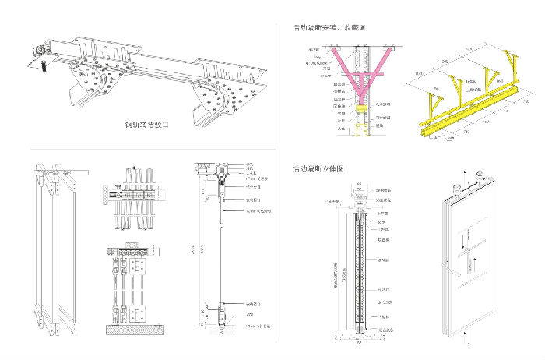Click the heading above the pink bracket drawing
[329, 28]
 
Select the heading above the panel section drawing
[319, 169]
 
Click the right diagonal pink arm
[381, 60]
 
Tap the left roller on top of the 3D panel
[458, 185]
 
